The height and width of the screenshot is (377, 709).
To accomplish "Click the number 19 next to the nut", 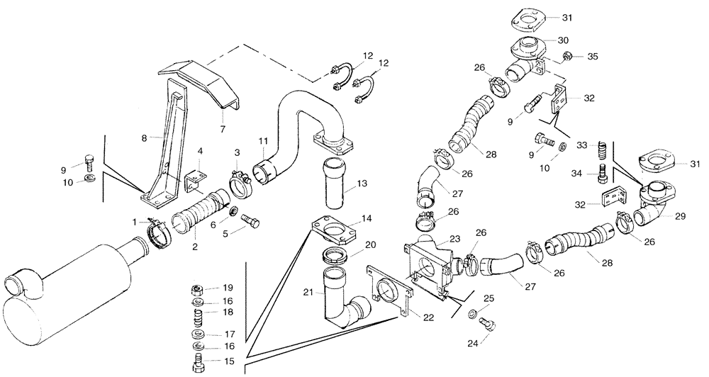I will click(228, 288).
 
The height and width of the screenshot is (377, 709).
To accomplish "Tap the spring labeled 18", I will click(199, 313).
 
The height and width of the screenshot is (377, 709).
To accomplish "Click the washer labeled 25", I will click(472, 313).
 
